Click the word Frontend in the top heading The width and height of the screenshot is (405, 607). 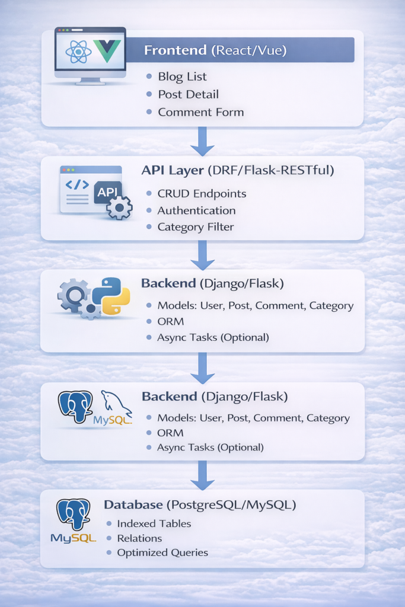coord(176,50)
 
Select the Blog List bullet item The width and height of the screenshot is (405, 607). coord(182,76)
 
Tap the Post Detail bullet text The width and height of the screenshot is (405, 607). coord(188,94)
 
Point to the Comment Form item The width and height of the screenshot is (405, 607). coord(200,112)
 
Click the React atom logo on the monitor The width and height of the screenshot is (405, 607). coord(78,52)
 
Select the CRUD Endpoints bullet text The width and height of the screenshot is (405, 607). coord(202,194)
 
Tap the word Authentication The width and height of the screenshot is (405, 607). coord(196,210)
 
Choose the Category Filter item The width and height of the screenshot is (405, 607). coord(196,227)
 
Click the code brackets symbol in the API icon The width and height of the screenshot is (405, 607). coord(78,185)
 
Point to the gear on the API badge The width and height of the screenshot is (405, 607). coord(119,207)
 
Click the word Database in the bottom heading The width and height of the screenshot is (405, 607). coord(132,505)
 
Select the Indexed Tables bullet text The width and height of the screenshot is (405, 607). coord(154,523)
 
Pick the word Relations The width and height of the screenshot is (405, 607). coord(139,538)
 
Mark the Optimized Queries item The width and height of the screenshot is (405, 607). coord(162,552)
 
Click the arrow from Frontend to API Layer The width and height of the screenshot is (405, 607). coord(202,141)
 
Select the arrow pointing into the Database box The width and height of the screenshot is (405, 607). coord(202,474)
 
